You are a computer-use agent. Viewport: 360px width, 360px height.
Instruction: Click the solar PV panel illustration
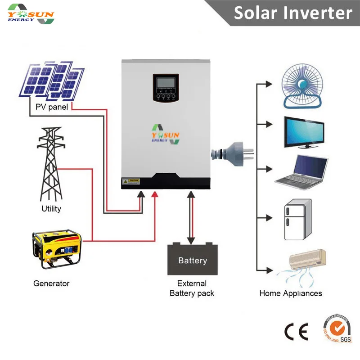click(51, 81)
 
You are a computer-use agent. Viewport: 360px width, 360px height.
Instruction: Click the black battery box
click(192, 260)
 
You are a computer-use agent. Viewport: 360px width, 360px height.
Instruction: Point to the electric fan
click(303, 85)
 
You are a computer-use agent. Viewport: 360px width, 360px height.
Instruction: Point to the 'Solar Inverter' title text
click(292, 13)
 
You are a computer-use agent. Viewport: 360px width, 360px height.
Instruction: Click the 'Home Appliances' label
click(291, 293)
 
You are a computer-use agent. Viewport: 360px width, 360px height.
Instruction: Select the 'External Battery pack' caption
click(192, 288)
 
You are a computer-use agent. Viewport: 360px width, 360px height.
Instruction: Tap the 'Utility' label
click(51, 209)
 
